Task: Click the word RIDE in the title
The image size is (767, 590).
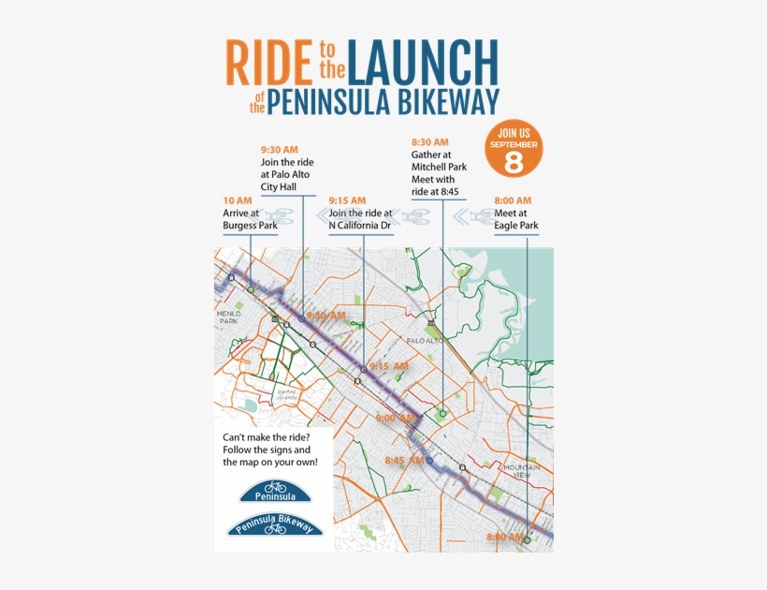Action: tap(268, 62)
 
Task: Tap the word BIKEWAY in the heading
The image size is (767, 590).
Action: tap(446, 102)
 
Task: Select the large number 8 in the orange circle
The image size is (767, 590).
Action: tap(514, 160)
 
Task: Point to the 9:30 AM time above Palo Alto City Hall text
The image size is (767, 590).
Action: tap(279, 150)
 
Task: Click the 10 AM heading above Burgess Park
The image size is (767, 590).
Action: tap(238, 200)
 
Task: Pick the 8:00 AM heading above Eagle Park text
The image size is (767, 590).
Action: tap(513, 200)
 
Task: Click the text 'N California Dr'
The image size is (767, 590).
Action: tap(359, 226)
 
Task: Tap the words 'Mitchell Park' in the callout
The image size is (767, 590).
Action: tap(439, 167)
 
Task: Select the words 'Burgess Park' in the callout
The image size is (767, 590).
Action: tap(250, 226)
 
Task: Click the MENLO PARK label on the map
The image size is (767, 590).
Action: tap(229, 317)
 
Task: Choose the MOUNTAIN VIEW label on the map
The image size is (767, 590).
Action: tap(522, 471)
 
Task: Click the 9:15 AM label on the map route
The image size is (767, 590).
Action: tap(387, 365)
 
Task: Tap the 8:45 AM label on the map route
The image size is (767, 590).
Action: tap(404, 460)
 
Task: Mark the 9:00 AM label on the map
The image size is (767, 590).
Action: tap(394, 418)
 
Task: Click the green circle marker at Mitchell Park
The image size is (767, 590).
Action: tap(442, 411)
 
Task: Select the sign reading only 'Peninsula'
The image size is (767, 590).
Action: tap(274, 491)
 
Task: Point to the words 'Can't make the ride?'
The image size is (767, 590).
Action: tap(265, 438)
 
